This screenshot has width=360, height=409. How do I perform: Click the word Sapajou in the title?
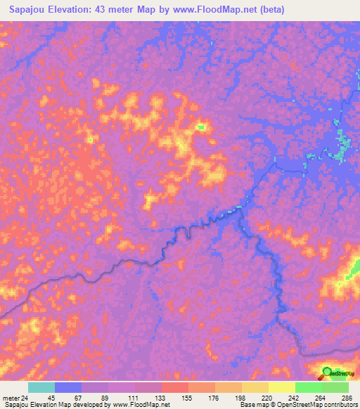point(29,10)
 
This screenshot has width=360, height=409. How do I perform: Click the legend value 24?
point(25,398)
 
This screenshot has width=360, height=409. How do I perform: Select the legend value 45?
point(51,398)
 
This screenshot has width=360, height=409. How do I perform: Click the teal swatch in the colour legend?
point(41,387)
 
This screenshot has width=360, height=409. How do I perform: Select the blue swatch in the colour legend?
point(68,387)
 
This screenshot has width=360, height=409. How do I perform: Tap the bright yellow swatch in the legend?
point(281,387)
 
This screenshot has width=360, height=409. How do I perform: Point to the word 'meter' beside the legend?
point(10,398)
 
